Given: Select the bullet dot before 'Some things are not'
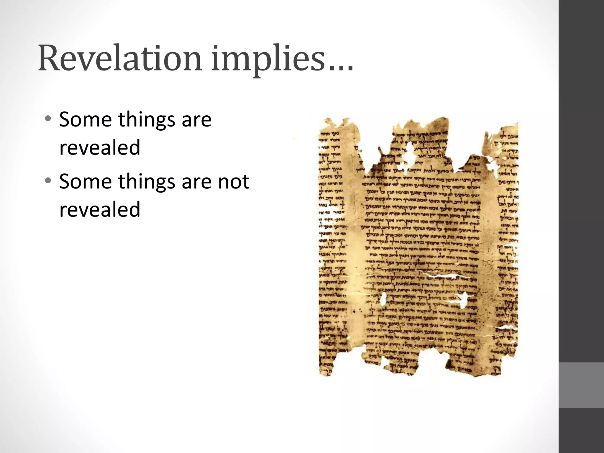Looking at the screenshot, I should (48, 181).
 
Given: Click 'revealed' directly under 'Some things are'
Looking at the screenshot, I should (100, 147).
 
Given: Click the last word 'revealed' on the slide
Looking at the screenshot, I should (100, 209).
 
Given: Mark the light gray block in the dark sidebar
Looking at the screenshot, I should (581, 385).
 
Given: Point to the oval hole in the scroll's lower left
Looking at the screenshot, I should (383, 300).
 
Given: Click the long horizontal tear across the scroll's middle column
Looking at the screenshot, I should (442, 277).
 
